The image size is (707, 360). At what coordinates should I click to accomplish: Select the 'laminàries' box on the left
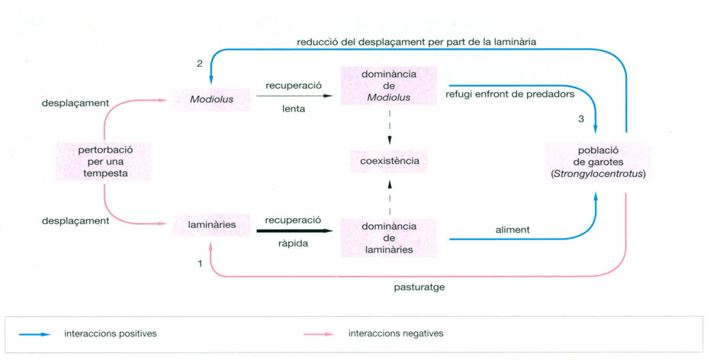coord(211,225)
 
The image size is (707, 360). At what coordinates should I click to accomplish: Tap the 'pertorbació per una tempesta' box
coord(104,161)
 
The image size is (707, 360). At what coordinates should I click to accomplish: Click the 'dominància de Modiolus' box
coord(390,85)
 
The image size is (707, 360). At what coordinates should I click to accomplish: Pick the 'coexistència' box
coord(390,162)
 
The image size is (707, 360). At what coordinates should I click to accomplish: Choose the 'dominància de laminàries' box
coord(389,238)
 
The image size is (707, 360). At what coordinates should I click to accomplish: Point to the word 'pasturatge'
coord(418,288)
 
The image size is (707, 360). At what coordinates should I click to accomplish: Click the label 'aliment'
coord(512,230)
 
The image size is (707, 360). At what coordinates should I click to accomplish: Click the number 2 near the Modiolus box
coord(200,63)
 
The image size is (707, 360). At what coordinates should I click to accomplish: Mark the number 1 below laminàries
coord(200,263)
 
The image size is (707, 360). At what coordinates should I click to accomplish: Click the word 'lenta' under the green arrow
coord(293,109)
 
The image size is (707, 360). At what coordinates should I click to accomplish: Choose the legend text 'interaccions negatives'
coord(395,333)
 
